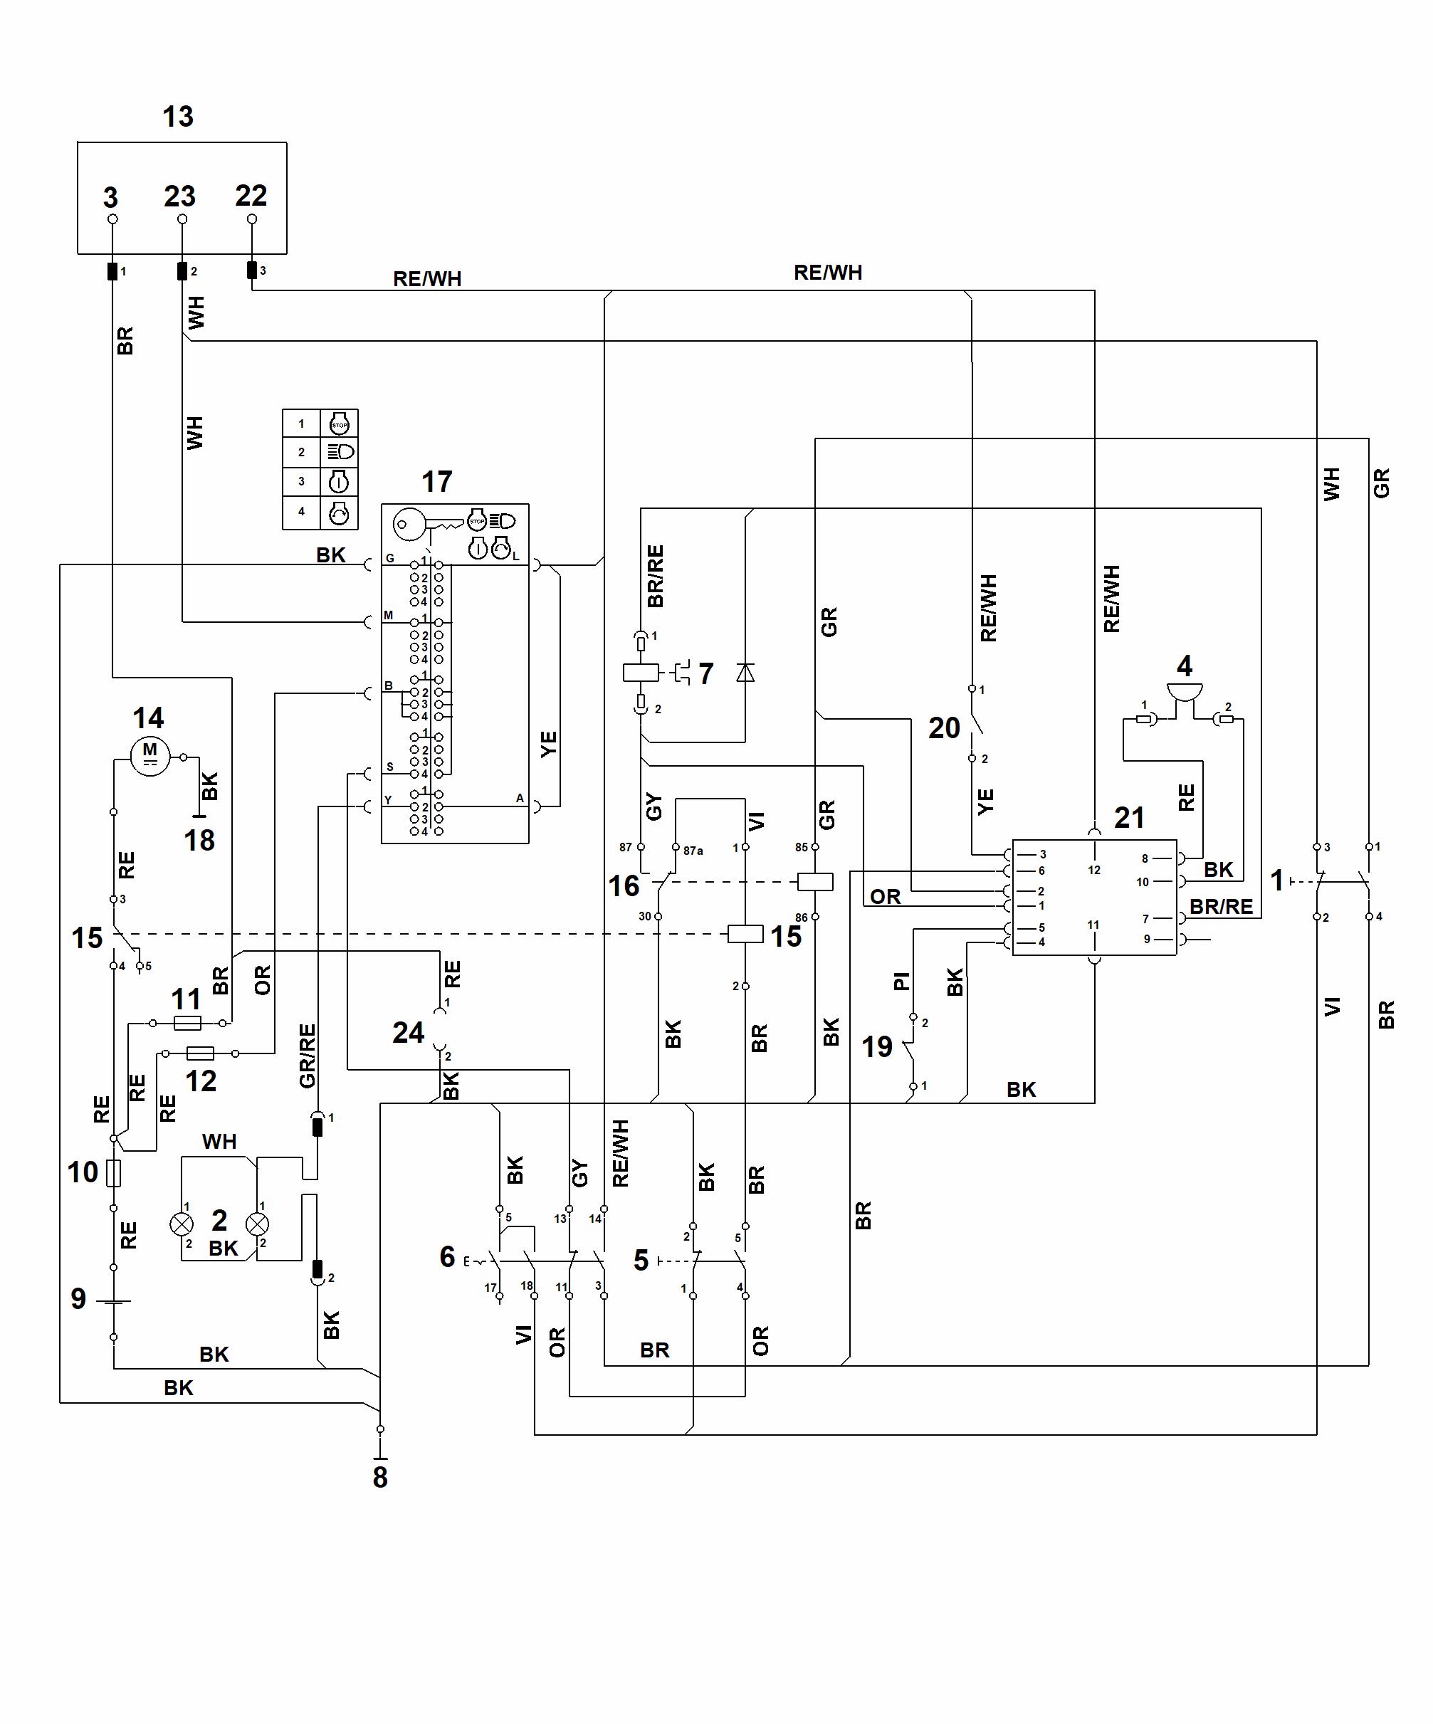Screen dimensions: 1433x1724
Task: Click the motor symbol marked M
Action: tap(150, 756)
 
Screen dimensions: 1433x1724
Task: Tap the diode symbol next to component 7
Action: tap(745, 673)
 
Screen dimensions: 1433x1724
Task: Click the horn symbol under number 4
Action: tap(1184, 695)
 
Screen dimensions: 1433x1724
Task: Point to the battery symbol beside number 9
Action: tap(113, 1301)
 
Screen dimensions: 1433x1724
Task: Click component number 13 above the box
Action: tap(178, 117)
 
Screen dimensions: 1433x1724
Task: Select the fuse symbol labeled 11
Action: tap(188, 1023)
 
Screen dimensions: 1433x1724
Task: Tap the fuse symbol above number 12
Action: tap(200, 1053)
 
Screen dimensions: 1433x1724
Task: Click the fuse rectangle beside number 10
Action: tap(114, 1173)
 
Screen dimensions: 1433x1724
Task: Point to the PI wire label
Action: tap(901, 980)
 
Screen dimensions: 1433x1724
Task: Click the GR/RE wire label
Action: tap(307, 1056)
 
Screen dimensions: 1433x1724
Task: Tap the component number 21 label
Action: tap(1129, 817)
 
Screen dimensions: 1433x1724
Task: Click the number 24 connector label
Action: tap(408, 1032)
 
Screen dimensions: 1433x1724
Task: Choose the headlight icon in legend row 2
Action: tap(340, 451)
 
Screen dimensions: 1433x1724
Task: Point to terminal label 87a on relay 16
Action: tap(693, 851)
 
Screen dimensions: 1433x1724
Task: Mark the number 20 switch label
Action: tap(945, 727)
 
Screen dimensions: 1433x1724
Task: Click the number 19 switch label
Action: tap(877, 1046)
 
